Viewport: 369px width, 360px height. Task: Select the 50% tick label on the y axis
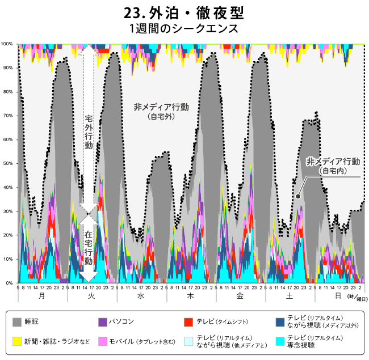[x=8, y=163]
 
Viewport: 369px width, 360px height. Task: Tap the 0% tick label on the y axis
[x=9, y=283]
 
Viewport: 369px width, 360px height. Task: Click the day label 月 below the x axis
[x=43, y=297]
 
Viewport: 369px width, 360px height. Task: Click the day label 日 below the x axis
[x=338, y=297]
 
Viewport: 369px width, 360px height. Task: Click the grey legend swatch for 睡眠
[x=18, y=322]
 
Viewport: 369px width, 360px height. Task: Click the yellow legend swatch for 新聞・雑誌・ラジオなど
[x=18, y=341]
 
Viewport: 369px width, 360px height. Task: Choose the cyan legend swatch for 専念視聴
[x=280, y=341]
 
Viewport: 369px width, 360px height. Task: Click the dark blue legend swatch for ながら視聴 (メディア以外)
[x=280, y=322]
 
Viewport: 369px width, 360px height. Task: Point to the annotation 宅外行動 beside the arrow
[x=89, y=132]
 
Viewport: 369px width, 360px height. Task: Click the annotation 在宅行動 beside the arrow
[x=89, y=248]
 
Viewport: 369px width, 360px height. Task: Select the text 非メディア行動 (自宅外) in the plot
[x=161, y=111]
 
